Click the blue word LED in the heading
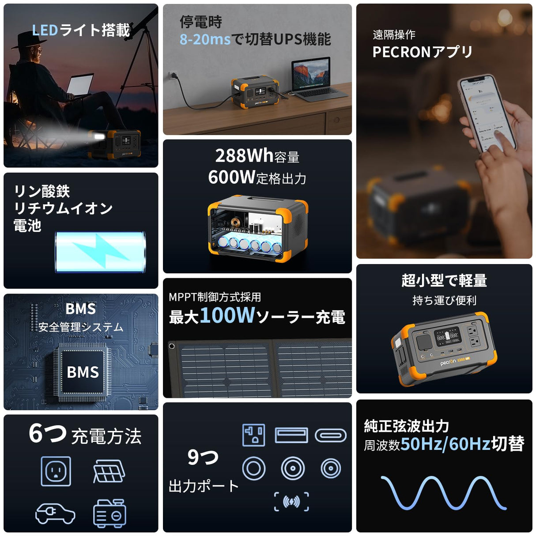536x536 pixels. click(x=45, y=30)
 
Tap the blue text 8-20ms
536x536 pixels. click(x=205, y=39)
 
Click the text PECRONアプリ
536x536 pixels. click(x=422, y=52)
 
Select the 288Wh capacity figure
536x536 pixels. click(x=245, y=155)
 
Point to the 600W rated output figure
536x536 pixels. click(x=232, y=177)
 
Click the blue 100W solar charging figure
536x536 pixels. click(x=227, y=315)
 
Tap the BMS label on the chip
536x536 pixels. click(x=83, y=372)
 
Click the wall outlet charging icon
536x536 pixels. click(x=56, y=471)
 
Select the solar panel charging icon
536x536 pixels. click(x=109, y=471)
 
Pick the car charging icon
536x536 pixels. click(x=55, y=513)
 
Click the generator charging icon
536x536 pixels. click(x=109, y=513)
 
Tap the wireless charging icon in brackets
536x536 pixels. click(x=291, y=502)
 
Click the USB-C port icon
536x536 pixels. click(x=330, y=435)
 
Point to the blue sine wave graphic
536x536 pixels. click(x=443, y=493)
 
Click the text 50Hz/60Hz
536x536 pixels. click(x=445, y=444)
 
